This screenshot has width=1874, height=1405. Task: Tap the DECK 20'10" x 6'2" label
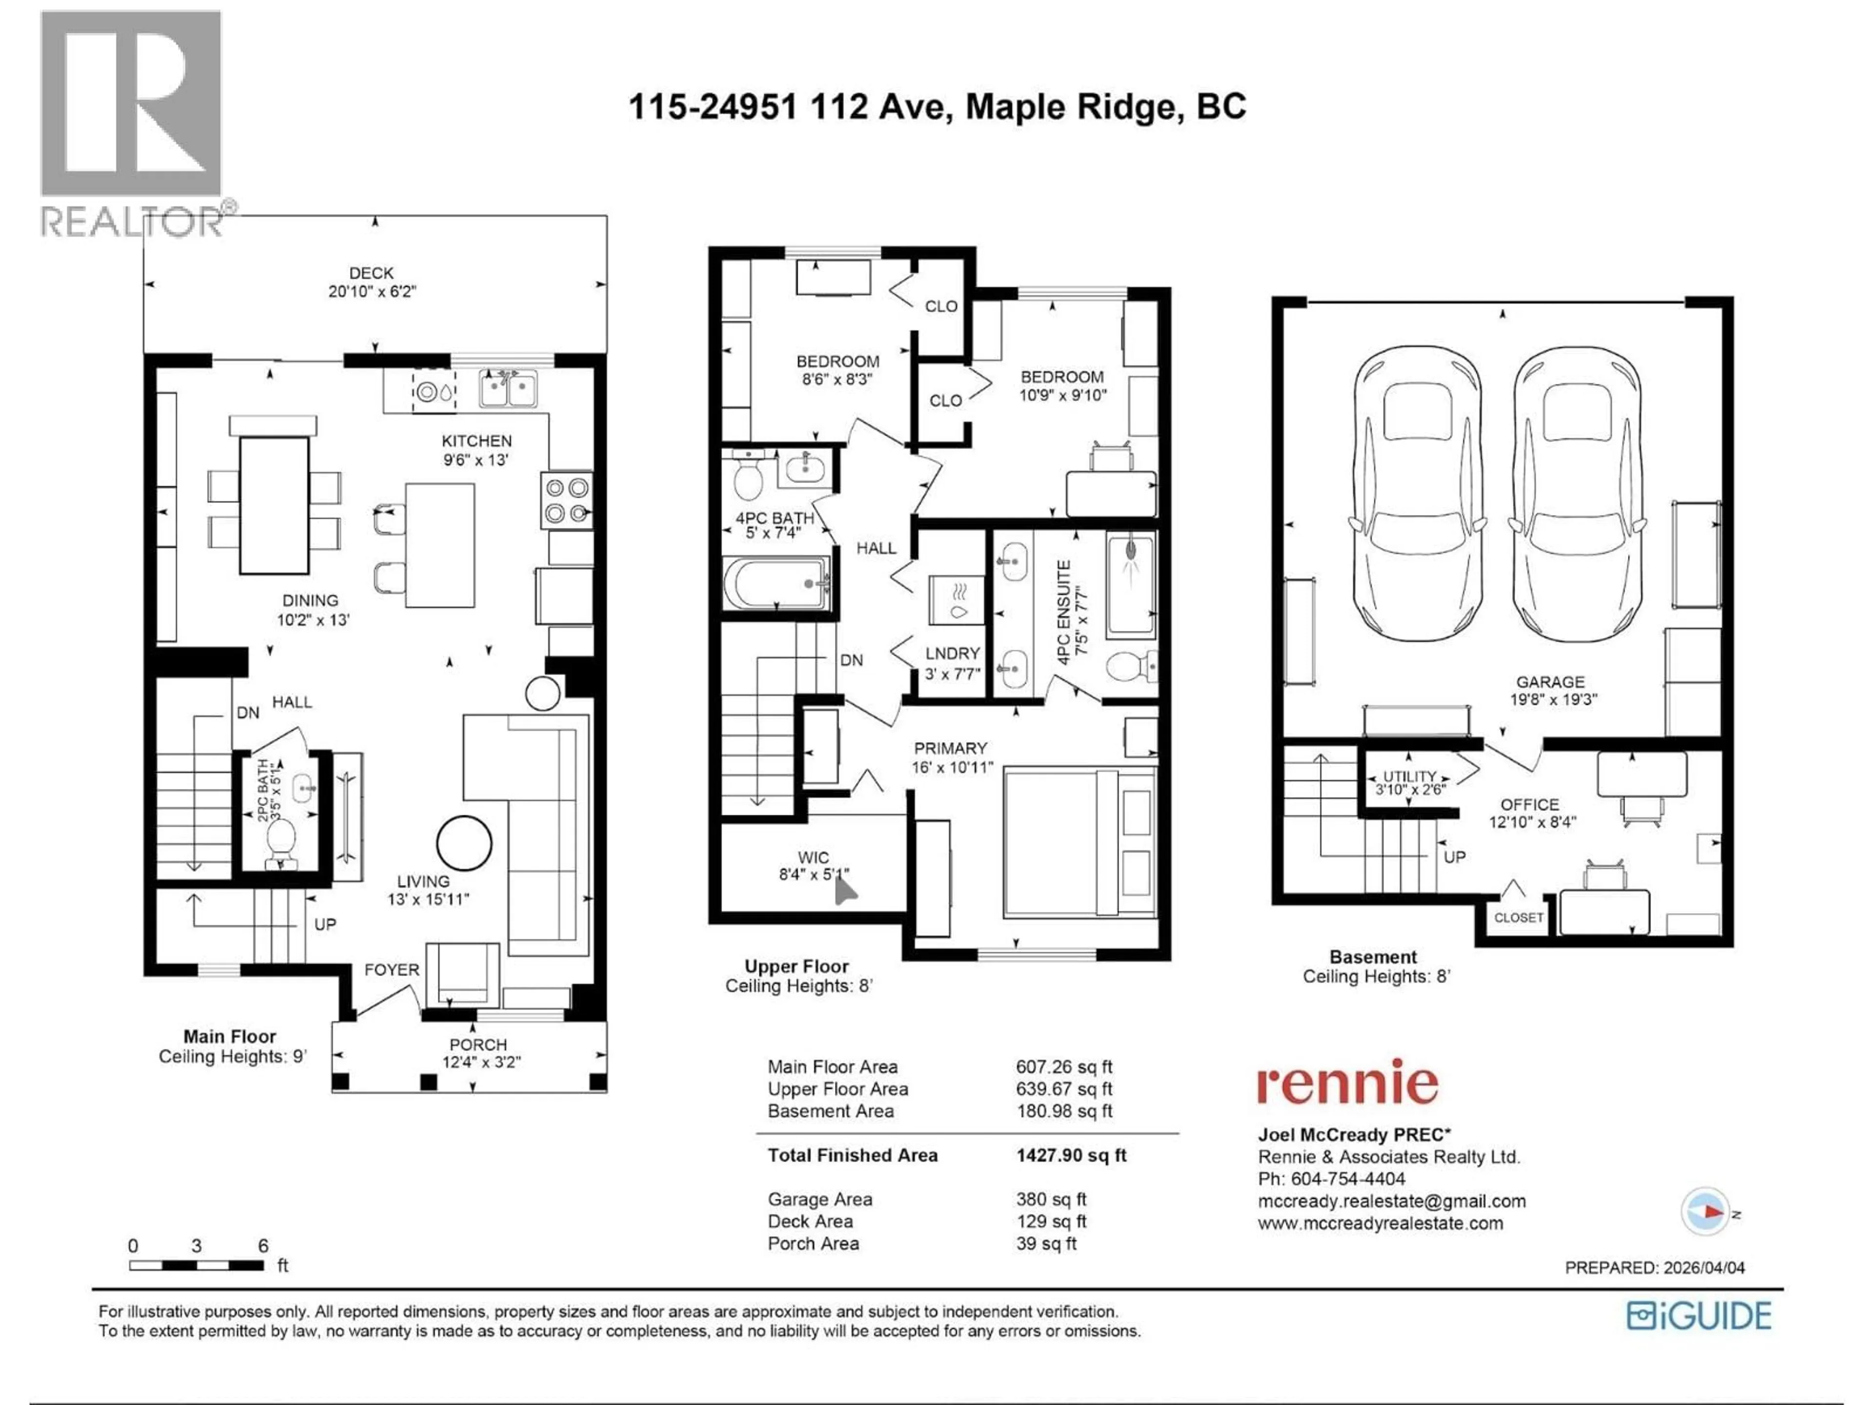coord(372,282)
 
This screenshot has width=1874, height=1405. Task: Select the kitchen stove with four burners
coord(567,501)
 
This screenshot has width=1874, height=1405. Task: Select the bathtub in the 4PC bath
coord(775,582)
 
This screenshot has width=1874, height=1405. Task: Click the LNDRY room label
coord(952,654)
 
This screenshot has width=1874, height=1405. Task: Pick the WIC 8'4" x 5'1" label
coord(814,865)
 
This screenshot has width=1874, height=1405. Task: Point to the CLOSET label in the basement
coord(1518,917)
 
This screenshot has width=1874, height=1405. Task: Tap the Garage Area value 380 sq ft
coord(1051,1199)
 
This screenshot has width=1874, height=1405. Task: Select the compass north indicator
coord(1705,1212)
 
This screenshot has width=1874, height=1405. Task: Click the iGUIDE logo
coord(1699,1315)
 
